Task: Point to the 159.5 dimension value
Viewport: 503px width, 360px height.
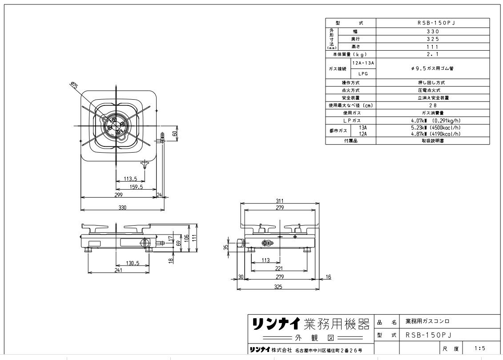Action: pyautogui.click(x=136, y=187)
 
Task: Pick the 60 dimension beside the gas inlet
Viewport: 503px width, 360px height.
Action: pyautogui.click(x=175, y=133)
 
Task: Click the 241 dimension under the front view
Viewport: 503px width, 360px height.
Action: pyautogui.click(x=118, y=270)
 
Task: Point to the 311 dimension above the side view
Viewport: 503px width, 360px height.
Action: pyautogui.click(x=279, y=201)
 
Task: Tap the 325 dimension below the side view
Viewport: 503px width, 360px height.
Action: pyautogui.click(x=278, y=287)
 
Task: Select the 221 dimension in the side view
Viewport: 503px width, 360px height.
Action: pyautogui.click(x=279, y=269)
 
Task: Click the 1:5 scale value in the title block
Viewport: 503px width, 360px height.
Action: pyautogui.click(x=480, y=348)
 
